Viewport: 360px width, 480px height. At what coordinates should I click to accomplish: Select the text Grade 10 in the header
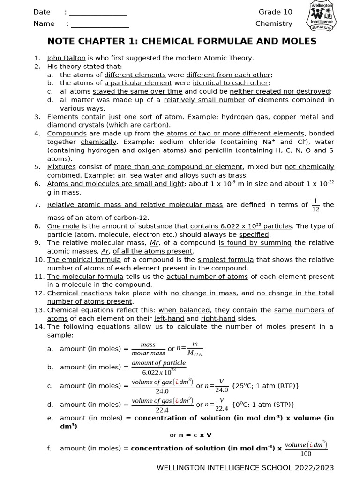(x=275, y=12)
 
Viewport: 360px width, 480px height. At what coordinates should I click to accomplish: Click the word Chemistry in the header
(x=274, y=23)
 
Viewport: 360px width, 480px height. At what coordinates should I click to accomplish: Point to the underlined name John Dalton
(x=66, y=58)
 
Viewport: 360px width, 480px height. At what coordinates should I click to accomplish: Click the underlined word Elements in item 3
(x=62, y=117)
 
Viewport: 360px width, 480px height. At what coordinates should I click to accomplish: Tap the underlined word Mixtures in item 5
(x=61, y=167)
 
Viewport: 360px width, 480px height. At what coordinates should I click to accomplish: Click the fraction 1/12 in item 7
(x=315, y=205)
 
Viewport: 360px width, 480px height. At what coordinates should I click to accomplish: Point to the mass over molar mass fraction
(x=148, y=349)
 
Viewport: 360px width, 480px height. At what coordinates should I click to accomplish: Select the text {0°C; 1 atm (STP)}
(x=262, y=405)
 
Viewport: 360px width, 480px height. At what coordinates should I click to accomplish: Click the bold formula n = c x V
(x=190, y=435)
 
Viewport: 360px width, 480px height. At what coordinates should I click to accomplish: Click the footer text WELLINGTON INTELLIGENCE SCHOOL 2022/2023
(x=245, y=468)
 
